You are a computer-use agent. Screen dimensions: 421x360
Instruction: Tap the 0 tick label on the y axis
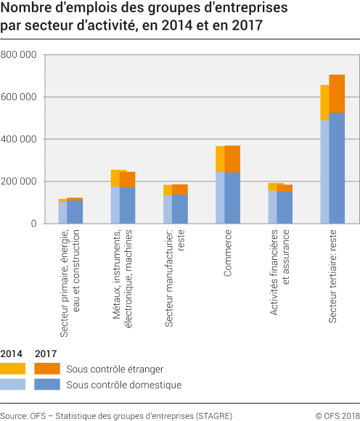[33, 224]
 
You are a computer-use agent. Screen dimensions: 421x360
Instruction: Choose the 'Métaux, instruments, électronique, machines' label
[122, 280]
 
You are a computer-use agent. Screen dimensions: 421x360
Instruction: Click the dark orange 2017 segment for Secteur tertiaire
[337, 94]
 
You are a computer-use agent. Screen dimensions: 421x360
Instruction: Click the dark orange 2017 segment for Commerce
[232, 159]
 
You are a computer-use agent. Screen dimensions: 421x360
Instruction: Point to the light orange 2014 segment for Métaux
[115, 179]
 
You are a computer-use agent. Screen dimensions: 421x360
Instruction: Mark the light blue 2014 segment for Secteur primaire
[63, 213]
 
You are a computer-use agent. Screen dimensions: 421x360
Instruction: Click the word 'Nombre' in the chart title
[27, 9]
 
